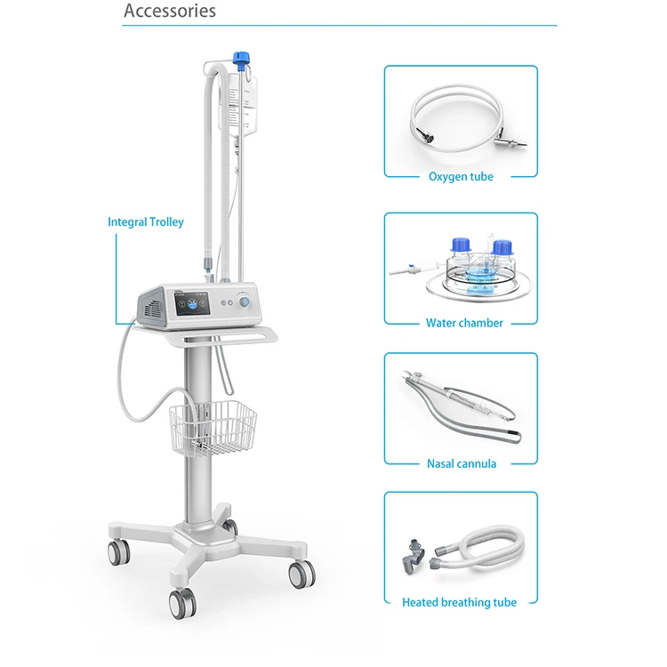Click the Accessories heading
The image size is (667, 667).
pyautogui.click(x=169, y=12)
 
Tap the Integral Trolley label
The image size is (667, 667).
pyautogui.click(x=145, y=221)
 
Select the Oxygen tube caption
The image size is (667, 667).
pyautogui.click(x=460, y=176)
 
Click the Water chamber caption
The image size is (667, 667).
pyautogui.click(x=463, y=323)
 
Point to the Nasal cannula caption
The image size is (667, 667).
pyautogui.click(x=461, y=463)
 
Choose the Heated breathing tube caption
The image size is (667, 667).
pyautogui.click(x=459, y=602)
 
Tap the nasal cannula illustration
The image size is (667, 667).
pyautogui.click(x=460, y=405)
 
